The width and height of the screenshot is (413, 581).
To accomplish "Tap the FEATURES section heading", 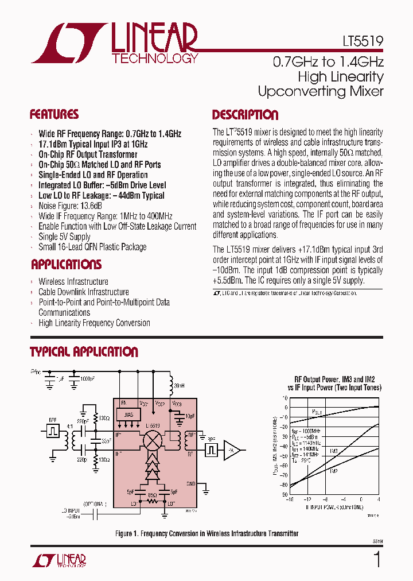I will pos(54,114).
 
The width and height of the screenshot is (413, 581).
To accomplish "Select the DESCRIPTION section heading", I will pos(245,115).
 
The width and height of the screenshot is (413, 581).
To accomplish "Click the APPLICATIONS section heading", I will pos(66,265).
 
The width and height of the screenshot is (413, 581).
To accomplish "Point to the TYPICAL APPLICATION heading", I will pos(84,352).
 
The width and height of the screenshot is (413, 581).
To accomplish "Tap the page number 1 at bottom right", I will pos(377,559).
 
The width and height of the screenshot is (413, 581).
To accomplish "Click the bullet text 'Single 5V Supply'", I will pos(64,237).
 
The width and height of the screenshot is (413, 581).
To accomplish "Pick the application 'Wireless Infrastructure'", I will pos(73,281).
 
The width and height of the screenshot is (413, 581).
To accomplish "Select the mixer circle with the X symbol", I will pos(153,441).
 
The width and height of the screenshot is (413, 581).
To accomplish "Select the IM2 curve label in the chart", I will pos(333,471).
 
